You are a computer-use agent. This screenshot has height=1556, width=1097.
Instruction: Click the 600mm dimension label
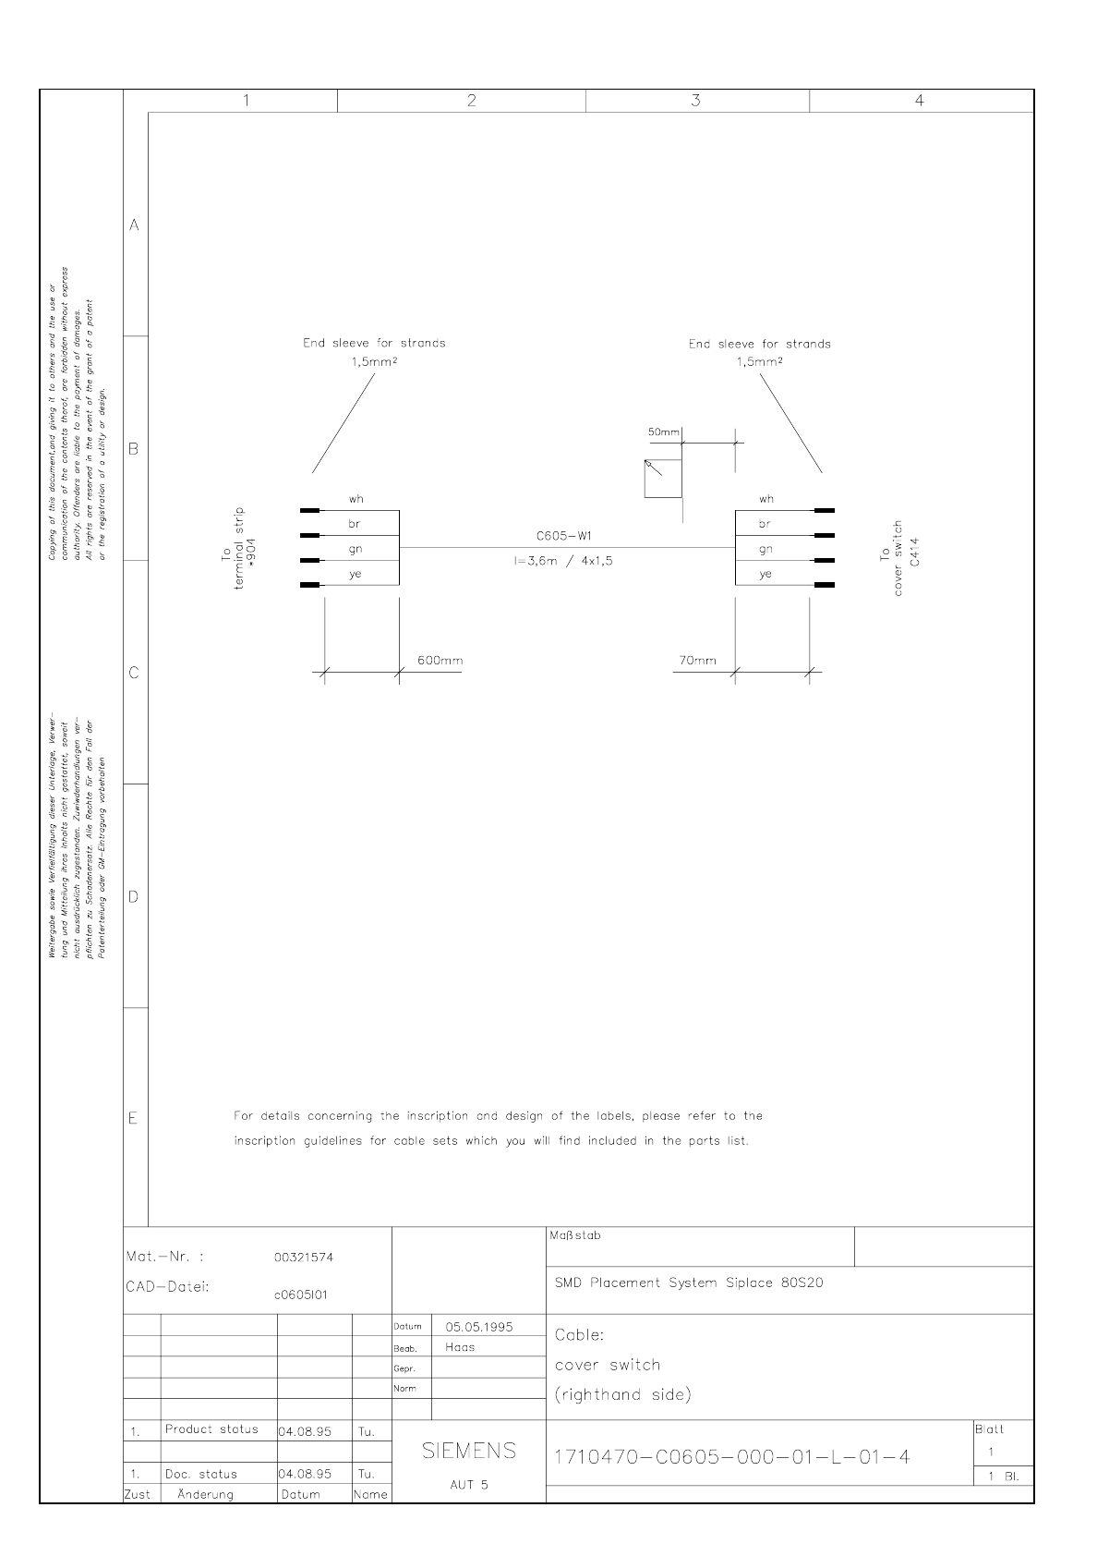point(440,661)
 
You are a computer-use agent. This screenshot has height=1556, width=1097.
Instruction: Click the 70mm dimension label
point(697,661)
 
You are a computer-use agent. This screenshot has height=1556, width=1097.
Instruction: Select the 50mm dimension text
point(663,432)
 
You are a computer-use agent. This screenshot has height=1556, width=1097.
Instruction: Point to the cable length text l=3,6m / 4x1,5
point(563,560)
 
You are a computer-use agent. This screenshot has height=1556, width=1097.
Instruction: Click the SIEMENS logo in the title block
point(469,1451)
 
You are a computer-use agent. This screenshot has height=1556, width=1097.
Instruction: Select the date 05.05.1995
point(479,1327)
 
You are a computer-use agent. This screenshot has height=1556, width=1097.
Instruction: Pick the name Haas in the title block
point(460,1347)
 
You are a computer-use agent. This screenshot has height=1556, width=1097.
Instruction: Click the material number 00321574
point(304,1258)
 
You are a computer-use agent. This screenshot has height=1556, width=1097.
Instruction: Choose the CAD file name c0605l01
point(301,1295)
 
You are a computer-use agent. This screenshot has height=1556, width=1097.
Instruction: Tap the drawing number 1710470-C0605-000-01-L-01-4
point(731,1457)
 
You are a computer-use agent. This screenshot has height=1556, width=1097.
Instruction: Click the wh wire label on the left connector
point(356,499)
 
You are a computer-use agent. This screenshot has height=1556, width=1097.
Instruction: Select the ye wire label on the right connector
point(765,575)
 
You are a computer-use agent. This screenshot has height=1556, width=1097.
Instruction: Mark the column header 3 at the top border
point(696,101)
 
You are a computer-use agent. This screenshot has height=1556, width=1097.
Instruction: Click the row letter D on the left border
point(134,896)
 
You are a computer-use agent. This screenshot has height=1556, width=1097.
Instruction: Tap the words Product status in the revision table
point(211,1429)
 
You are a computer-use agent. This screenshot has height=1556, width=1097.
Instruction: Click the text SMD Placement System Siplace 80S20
point(689,1282)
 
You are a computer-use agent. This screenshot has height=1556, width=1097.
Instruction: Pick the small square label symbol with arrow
point(663,479)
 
